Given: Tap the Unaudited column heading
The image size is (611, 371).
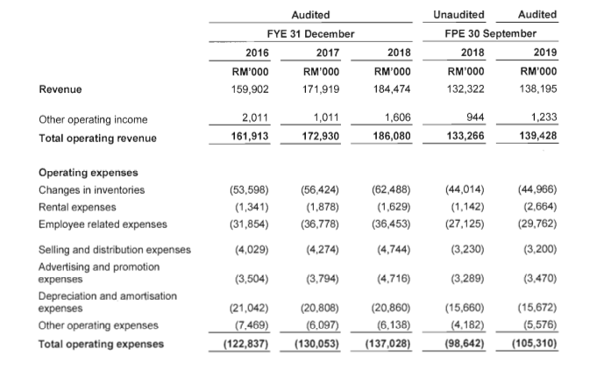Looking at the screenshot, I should (x=459, y=14).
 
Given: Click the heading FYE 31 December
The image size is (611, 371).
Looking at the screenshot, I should (x=310, y=33).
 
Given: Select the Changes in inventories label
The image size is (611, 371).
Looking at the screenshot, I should (x=91, y=189).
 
